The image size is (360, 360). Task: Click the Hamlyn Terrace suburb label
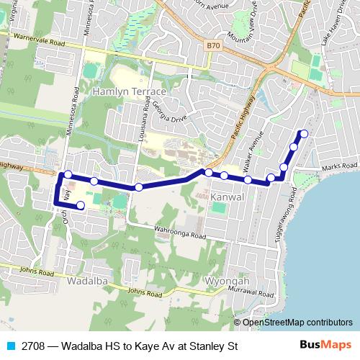(x=129, y=93)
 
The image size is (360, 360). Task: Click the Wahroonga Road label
(x=180, y=233)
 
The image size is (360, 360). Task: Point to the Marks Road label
(x=341, y=167)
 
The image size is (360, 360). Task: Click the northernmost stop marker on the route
(x=304, y=133)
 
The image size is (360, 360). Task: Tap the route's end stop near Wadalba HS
(x=80, y=206)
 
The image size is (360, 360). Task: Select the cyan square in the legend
(x=9, y=346)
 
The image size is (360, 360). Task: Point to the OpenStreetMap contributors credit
(x=297, y=323)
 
